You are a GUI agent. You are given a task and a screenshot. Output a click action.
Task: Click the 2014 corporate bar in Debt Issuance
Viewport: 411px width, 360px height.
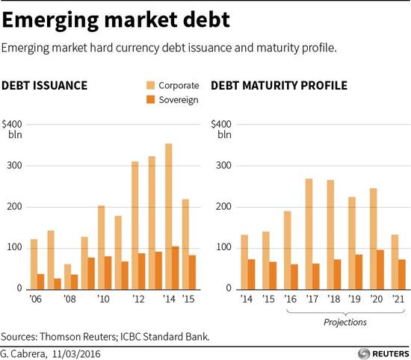pyautogui.click(x=169, y=217)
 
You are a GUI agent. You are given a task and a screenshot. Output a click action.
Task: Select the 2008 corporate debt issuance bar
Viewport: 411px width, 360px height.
pyautogui.click(x=67, y=276)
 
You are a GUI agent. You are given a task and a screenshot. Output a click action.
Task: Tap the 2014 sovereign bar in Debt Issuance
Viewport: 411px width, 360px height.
pyautogui.click(x=176, y=268)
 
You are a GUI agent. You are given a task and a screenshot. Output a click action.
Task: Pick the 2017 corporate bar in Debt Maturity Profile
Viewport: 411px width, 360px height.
pyautogui.click(x=309, y=234)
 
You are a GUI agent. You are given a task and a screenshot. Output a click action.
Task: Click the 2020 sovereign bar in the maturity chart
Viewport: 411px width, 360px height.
pyautogui.click(x=380, y=270)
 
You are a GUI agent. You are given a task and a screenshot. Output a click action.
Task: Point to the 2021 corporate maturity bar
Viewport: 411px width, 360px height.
pyautogui.click(x=395, y=262)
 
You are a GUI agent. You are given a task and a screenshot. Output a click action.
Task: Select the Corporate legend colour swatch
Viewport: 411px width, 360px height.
pyautogui.click(x=150, y=85)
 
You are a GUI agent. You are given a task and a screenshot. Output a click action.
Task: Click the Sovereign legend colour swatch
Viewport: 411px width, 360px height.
pyautogui.click(x=150, y=99)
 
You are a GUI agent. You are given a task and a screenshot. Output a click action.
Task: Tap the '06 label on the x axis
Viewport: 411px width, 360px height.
pyautogui.click(x=35, y=299)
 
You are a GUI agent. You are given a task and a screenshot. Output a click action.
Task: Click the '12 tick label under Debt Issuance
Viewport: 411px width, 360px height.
pyautogui.click(x=138, y=299)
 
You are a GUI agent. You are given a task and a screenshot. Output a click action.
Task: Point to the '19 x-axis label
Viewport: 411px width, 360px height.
pyautogui.click(x=355, y=299)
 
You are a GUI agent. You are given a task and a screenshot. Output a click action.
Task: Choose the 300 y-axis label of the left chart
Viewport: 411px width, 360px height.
pyautogui.click(x=15, y=166)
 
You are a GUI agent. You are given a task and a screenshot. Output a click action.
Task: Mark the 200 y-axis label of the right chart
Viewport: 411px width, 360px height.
pyautogui.click(x=224, y=207)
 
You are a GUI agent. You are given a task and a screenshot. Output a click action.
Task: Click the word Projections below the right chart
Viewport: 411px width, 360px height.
pyautogui.click(x=345, y=322)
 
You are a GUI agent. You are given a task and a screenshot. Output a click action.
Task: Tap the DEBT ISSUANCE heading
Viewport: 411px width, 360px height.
pyautogui.click(x=45, y=86)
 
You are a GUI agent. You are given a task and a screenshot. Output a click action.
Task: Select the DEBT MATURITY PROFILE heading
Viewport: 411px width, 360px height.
pyautogui.click(x=279, y=86)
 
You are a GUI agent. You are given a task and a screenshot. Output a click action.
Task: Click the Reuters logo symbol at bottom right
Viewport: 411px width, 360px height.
pyautogui.click(x=364, y=354)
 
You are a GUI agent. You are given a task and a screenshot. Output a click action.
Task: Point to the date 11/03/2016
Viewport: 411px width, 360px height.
pyautogui.click(x=76, y=354)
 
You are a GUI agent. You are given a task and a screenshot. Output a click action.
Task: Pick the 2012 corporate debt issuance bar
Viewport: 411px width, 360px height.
pyautogui.click(x=135, y=226)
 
